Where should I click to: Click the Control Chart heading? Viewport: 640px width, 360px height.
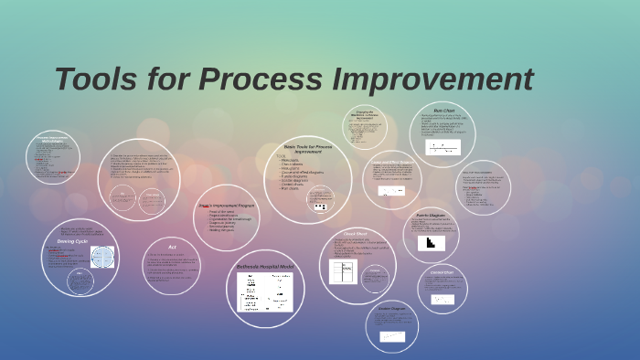click(443, 271)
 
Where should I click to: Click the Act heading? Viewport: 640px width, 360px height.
click(171, 246)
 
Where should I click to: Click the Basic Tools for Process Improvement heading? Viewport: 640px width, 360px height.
click(307, 149)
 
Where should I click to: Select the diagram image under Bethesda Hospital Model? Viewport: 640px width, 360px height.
click(264, 292)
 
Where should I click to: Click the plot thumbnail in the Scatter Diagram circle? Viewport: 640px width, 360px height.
click(393, 337)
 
